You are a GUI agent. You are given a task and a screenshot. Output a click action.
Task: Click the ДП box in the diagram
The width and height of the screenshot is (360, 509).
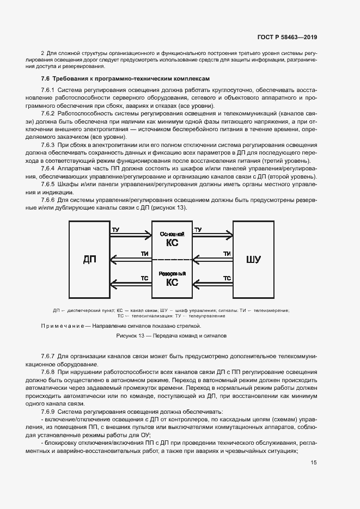89,259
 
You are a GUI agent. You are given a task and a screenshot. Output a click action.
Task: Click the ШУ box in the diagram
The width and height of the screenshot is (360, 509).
253,259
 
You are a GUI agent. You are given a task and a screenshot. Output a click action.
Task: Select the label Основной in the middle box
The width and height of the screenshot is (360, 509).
172,234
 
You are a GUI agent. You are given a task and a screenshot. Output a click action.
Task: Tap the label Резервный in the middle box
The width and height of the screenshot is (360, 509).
172,273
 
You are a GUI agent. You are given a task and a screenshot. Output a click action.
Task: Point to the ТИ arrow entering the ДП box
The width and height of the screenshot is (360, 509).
131,259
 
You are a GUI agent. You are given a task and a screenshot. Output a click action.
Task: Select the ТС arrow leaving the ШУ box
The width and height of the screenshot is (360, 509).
213,283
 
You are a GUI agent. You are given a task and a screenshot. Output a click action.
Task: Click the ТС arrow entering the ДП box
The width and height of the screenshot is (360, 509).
131,283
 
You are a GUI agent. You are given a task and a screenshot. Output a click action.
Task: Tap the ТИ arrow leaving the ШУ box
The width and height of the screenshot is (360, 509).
213,259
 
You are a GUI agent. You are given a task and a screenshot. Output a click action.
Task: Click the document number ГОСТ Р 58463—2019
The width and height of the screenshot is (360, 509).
287,38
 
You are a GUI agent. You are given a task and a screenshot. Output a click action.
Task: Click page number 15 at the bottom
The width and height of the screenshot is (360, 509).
314,463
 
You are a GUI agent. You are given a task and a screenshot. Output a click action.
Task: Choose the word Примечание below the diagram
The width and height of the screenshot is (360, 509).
60,326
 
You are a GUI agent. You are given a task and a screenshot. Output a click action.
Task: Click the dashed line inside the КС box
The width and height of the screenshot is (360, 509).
172,259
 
